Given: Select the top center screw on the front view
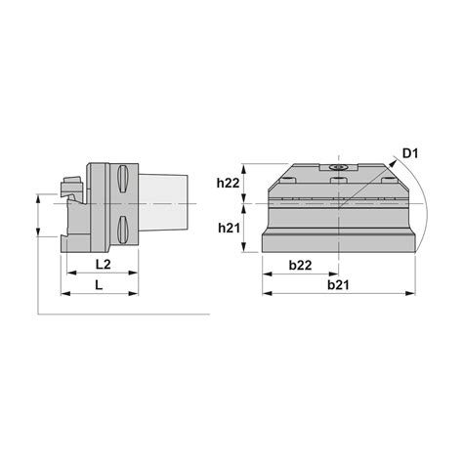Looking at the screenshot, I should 339,168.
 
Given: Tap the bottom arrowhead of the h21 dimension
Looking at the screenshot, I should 245,250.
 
